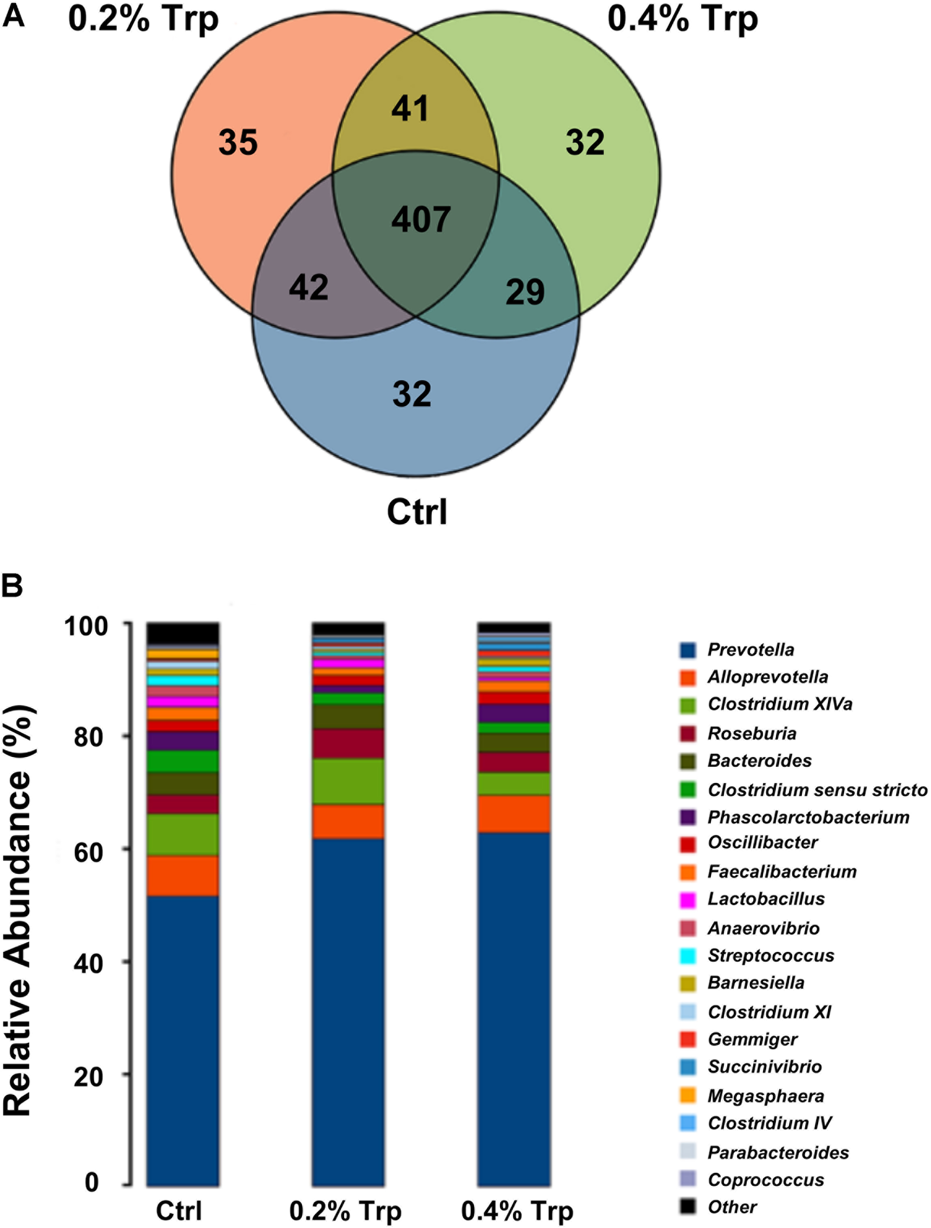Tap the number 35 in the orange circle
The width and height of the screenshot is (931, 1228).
click(238, 142)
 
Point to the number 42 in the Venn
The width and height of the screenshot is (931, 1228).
click(308, 287)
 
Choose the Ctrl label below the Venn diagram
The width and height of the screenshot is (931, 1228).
click(417, 512)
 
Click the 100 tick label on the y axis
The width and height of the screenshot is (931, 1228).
click(85, 626)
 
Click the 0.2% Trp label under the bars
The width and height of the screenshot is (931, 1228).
click(345, 1211)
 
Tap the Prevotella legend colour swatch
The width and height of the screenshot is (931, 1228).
click(688, 650)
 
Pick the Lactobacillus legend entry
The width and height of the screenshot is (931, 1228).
click(766, 899)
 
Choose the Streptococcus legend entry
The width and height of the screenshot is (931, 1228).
click(770, 955)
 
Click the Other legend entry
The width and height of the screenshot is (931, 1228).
click(732, 1207)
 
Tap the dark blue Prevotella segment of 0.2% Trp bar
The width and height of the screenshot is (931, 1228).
click(348, 1010)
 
